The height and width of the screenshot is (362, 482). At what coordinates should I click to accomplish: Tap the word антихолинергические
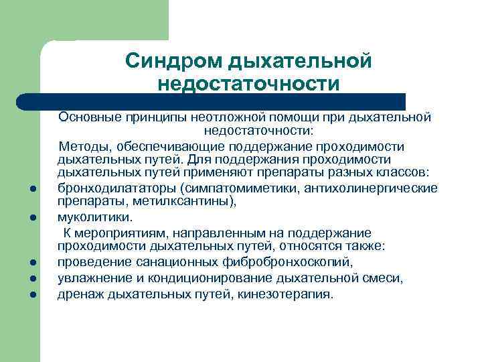click(371, 187)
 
